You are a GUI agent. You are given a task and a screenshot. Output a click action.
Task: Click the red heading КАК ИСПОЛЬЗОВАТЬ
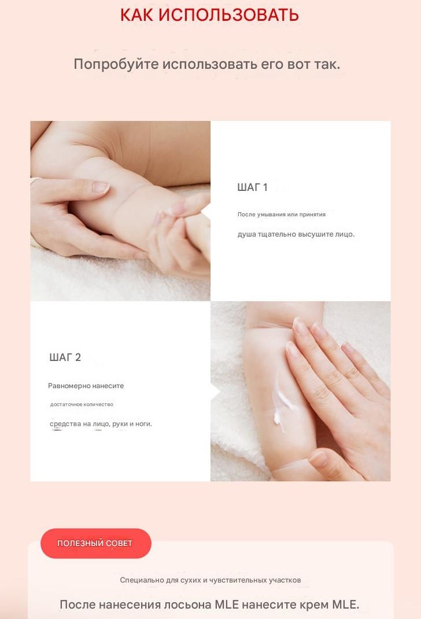[x=209, y=15]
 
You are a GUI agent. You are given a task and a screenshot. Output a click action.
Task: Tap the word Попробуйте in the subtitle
[x=116, y=64]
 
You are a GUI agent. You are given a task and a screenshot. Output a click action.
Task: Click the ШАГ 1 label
[x=253, y=187]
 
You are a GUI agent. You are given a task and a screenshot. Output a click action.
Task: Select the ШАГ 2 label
[x=65, y=358]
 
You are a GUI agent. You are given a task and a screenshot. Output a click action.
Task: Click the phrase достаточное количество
[x=82, y=404]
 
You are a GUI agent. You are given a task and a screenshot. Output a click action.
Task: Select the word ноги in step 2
[x=143, y=424]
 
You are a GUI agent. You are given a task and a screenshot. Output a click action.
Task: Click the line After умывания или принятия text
[x=281, y=215]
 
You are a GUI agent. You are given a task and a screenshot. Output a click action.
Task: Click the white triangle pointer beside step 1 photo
[x=205, y=212]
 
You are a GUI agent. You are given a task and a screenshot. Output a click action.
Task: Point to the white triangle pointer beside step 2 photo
[x=216, y=392]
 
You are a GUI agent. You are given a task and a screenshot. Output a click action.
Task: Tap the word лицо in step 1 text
[x=345, y=234]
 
